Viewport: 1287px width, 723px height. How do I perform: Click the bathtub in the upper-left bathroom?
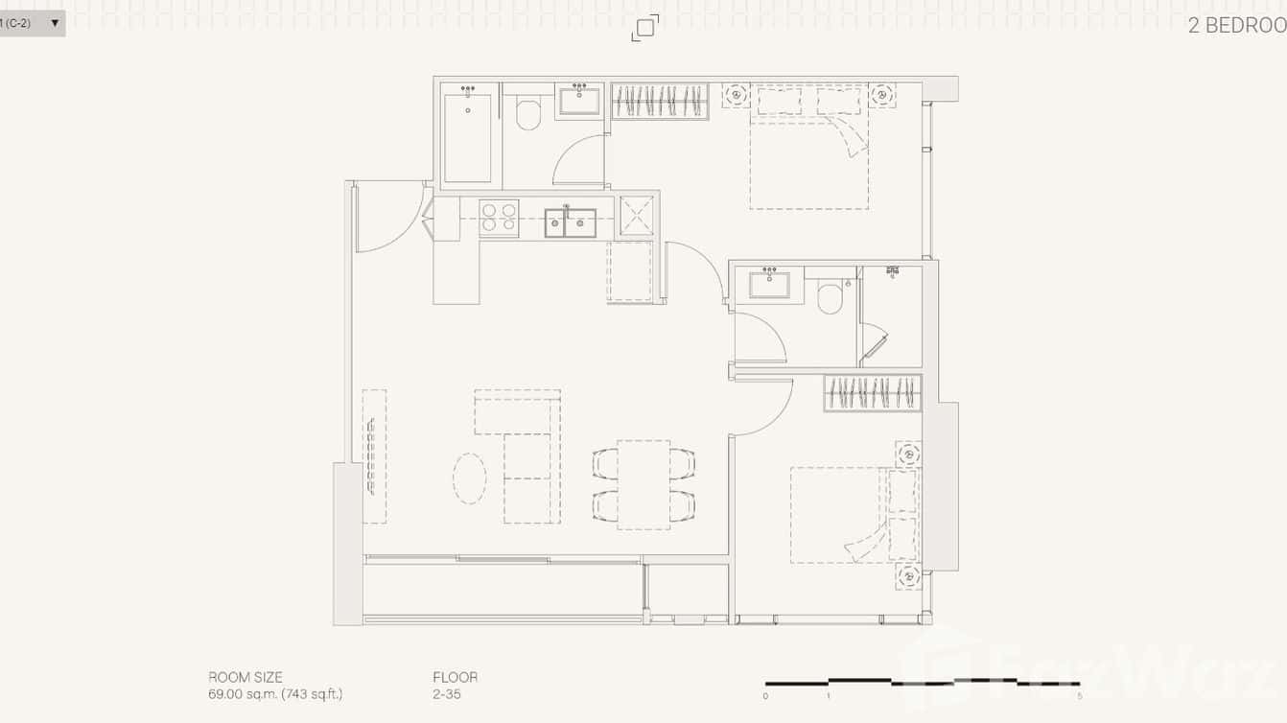point(468,137)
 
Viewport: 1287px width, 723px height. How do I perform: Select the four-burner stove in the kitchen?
point(499,219)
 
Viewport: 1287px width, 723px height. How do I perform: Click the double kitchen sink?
point(570,222)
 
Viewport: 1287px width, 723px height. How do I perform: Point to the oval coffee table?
point(469,478)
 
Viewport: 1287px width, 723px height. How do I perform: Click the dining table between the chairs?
point(643,484)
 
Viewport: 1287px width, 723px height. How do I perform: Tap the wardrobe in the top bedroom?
point(660,102)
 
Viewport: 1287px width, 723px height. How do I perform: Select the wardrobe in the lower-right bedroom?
point(873,393)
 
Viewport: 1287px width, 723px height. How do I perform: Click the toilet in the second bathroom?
point(831,297)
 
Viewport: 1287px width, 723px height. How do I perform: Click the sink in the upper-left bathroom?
point(579,100)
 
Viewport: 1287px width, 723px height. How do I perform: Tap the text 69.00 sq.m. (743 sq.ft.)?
point(275,694)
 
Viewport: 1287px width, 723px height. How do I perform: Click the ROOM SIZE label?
point(246,677)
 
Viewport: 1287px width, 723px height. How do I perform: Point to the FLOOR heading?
point(455,677)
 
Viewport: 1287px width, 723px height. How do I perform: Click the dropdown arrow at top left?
point(55,23)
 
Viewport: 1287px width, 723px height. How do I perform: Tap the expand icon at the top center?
point(645,28)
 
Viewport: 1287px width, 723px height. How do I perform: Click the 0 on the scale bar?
point(765,696)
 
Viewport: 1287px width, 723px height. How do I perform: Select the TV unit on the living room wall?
point(373,456)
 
